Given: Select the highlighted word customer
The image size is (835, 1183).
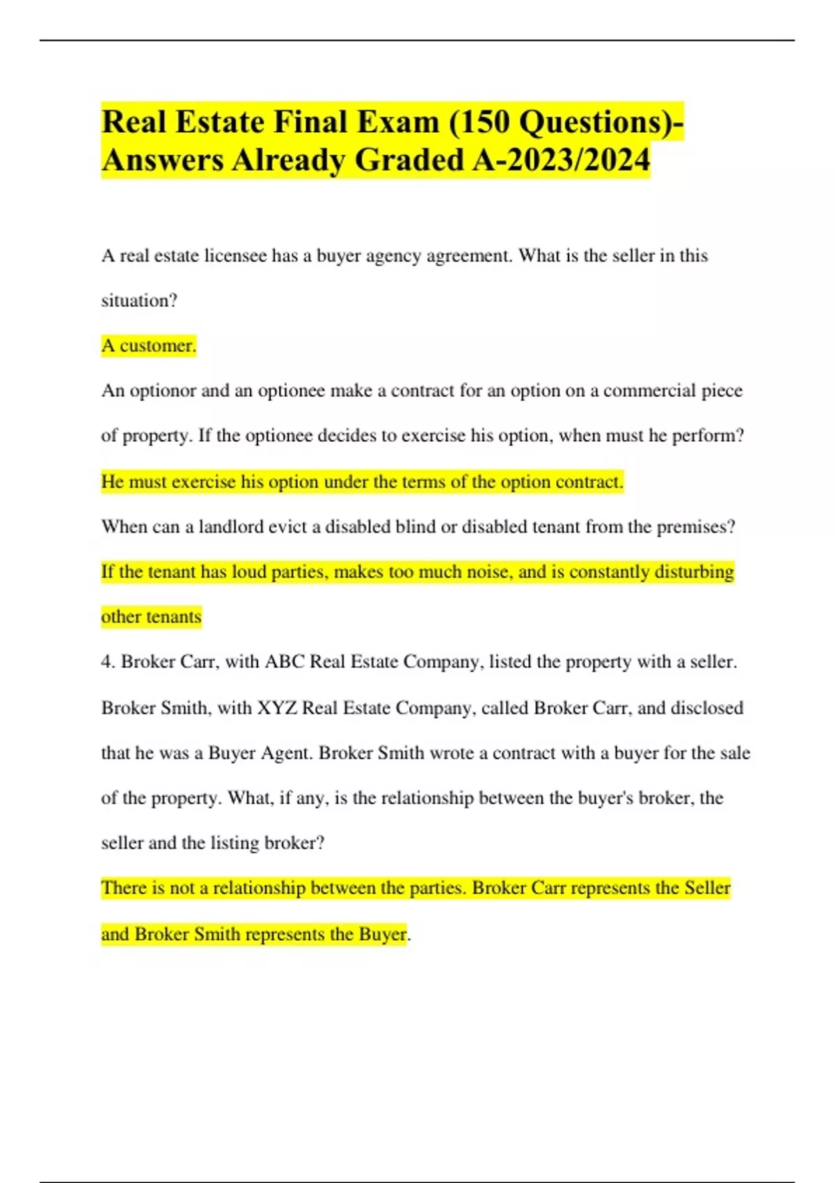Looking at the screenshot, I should (158, 346).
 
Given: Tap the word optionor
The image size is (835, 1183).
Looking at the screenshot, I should (163, 391).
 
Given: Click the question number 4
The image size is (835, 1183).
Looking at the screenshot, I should (107, 662).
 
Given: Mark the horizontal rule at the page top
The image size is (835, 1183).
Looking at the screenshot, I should (417, 40).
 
